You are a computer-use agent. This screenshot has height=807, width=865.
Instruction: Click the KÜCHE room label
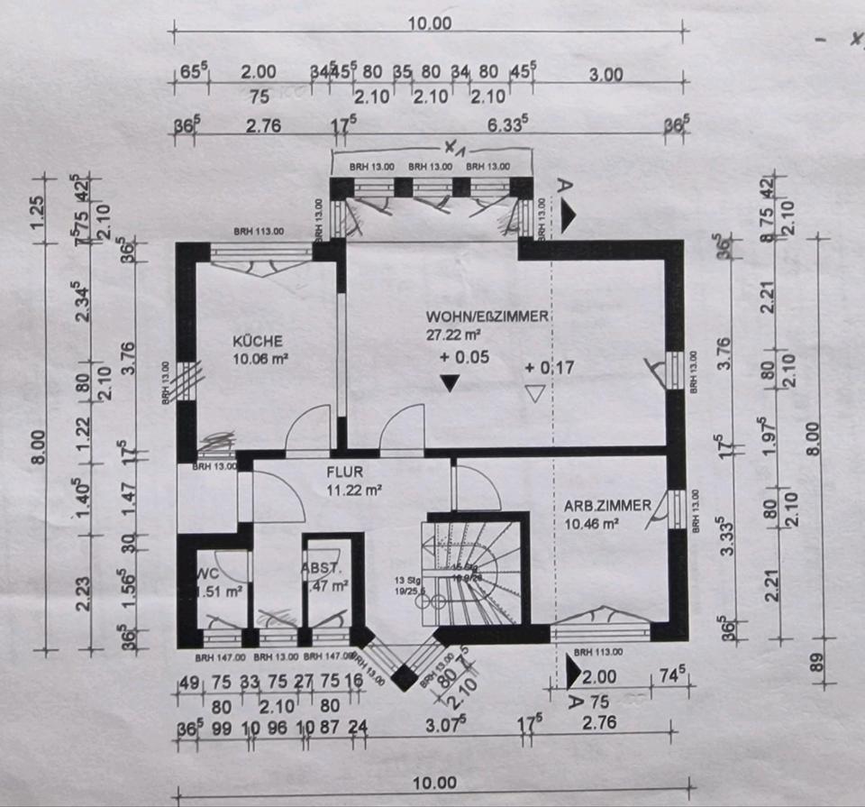pyautogui.click(x=259, y=342)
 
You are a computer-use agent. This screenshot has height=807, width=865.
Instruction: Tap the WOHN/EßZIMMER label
pyautogui.click(x=487, y=317)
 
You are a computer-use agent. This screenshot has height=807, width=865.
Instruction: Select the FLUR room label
pyautogui.click(x=344, y=471)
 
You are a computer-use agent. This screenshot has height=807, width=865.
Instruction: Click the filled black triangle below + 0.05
pyautogui.click(x=450, y=383)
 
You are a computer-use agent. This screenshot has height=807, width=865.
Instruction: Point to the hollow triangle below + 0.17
pyautogui.click(x=536, y=393)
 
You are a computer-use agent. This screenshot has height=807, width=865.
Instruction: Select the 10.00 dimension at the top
pyautogui.click(x=429, y=23)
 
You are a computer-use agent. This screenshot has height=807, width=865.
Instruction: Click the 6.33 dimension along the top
pyautogui.click(x=505, y=125)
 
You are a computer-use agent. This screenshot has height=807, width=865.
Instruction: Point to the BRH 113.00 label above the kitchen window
pyautogui.click(x=259, y=232)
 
